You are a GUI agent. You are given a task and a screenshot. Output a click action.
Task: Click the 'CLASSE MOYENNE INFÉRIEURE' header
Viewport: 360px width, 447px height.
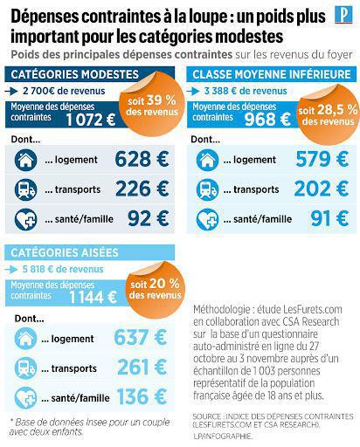pyautogui.click(x=271, y=74)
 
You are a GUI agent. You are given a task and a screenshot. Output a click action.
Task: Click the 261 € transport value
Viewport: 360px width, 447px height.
pyautogui.click(x=145, y=368)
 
